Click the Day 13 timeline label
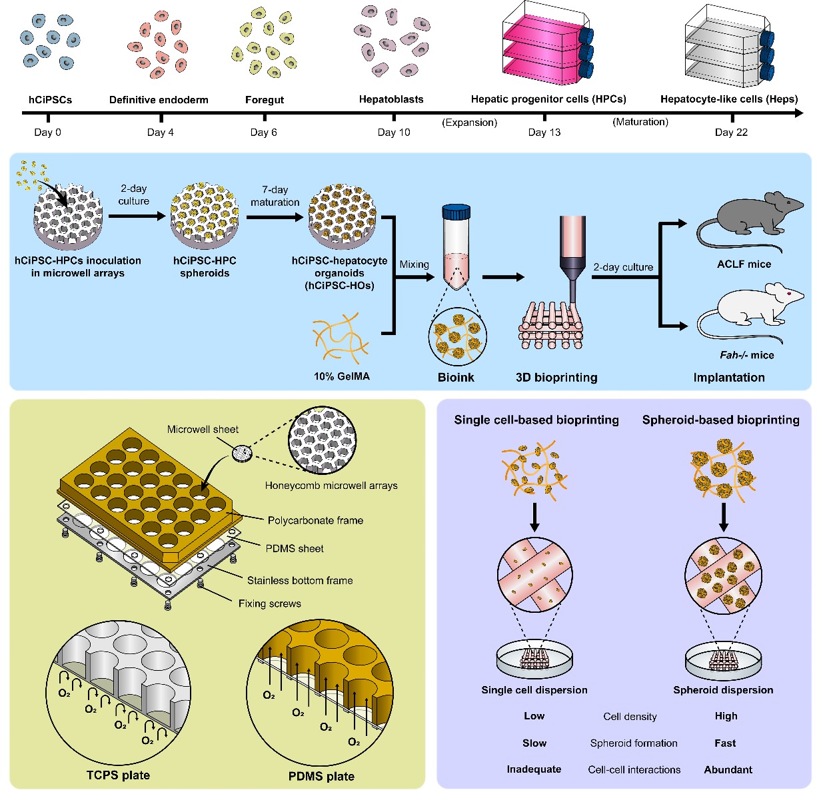coord(544,132)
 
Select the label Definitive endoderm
coord(159,100)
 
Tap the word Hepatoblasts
coord(391,99)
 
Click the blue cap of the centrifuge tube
coord(456,212)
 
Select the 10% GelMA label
coord(341,376)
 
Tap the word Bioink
coord(456,377)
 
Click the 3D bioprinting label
coord(556,378)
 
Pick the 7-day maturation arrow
coord(275,215)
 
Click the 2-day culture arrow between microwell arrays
coord(135,215)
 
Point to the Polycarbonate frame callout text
coord(315,520)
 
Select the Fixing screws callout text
coord(269,603)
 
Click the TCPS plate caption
coord(118,775)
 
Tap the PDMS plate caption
coord(321,776)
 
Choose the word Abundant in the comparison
coord(728,769)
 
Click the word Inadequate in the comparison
coord(534,769)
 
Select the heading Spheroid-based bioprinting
coord(720,420)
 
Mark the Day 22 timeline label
coord(731,132)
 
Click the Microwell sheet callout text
coord(203,430)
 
